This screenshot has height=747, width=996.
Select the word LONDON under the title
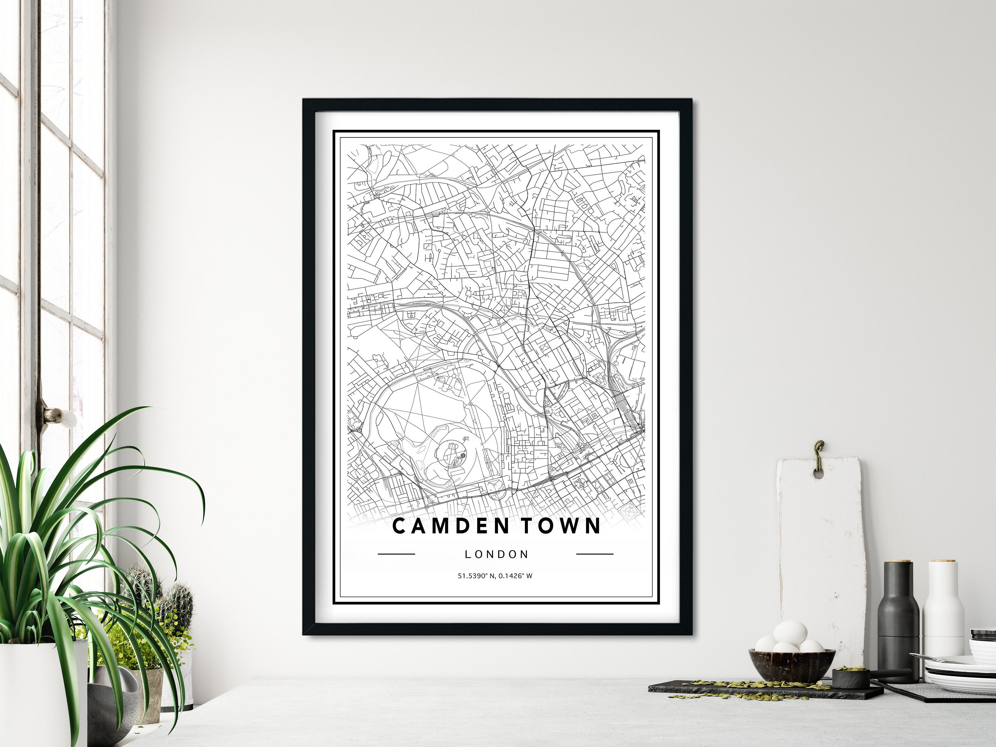point(497,554)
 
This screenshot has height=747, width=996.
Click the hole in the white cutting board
point(818,474)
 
